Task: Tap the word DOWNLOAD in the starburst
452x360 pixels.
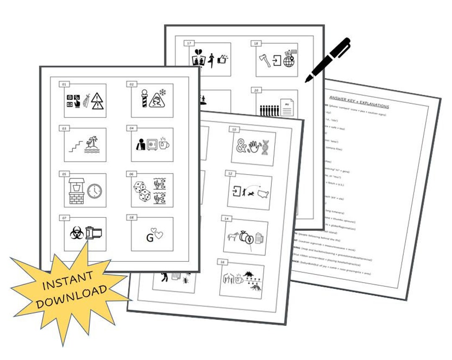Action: tap(71, 298)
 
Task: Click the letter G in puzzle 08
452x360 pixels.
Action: tap(149, 238)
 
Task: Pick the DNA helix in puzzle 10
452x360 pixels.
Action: tap(265, 148)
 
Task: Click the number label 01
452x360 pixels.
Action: tap(64, 84)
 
